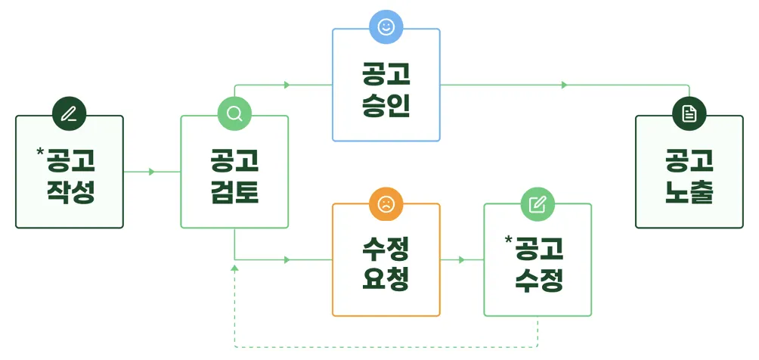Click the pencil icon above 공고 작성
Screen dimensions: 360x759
click(x=69, y=114)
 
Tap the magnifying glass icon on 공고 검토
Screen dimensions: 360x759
click(x=234, y=114)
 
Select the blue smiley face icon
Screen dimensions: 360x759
click(x=386, y=28)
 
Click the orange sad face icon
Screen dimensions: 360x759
click(x=386, y=203)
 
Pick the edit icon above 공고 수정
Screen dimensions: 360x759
click(x=537, y=203)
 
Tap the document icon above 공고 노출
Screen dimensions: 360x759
click(x=689, y=114)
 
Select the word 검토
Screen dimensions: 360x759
click(x=234, y=191)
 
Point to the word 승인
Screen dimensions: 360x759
click(x=386, y=104)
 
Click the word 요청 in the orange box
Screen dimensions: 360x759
click(x=386, y=279)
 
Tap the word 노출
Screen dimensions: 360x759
click(x=689, y=191)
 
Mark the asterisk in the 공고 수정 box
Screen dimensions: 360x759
click(x=509, y=241)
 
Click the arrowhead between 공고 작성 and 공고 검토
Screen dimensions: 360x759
click(x=152, y=172)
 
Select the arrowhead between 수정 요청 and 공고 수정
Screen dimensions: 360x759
click(x=462, y=259)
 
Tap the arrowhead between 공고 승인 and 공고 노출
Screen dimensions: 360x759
click(x=564, y=85)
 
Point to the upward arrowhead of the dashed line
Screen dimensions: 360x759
click(x=234, y=268)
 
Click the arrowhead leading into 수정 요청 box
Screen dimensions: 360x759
click(x=287, y=259)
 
